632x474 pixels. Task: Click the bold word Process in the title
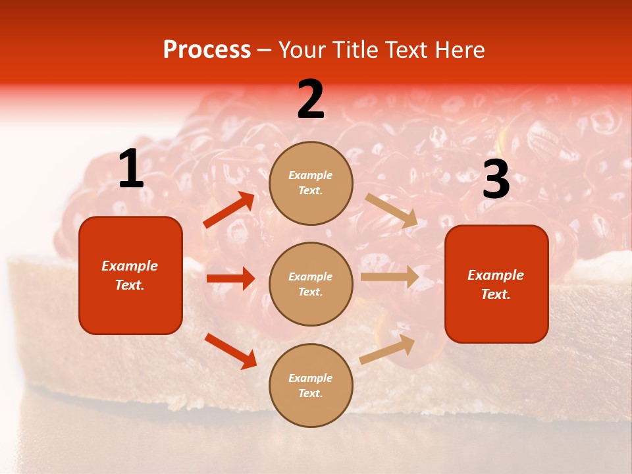point(207,50)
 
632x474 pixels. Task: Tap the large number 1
point(131,169)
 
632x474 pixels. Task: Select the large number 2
point(311,99)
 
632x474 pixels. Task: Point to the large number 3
point(496,180)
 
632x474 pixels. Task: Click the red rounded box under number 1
point(130,275)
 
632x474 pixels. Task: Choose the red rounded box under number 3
point(496,284)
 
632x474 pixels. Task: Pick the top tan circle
point(311,183)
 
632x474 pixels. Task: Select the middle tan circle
point(311,284)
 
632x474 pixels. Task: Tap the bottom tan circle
point(311,385)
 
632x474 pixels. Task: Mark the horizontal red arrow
point(231,278)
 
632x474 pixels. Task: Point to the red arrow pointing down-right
point(231,350)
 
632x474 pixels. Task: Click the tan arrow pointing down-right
point(392,211)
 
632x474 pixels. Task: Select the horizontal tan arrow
point(390,276)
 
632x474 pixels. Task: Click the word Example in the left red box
point(130,266)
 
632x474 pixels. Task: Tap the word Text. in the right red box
point(496,294)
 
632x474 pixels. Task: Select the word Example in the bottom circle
point(311,378)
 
